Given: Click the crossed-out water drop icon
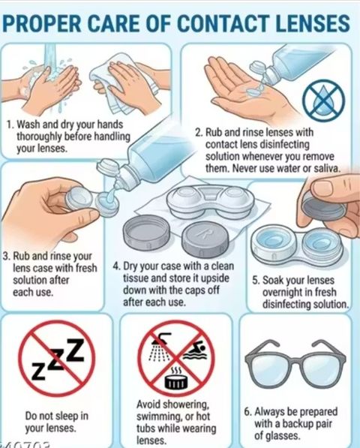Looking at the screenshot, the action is [x=323, y=100].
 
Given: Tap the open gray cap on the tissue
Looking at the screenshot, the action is [x=146, y=233].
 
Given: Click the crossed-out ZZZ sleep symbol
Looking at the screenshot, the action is [x=56, y=359].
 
